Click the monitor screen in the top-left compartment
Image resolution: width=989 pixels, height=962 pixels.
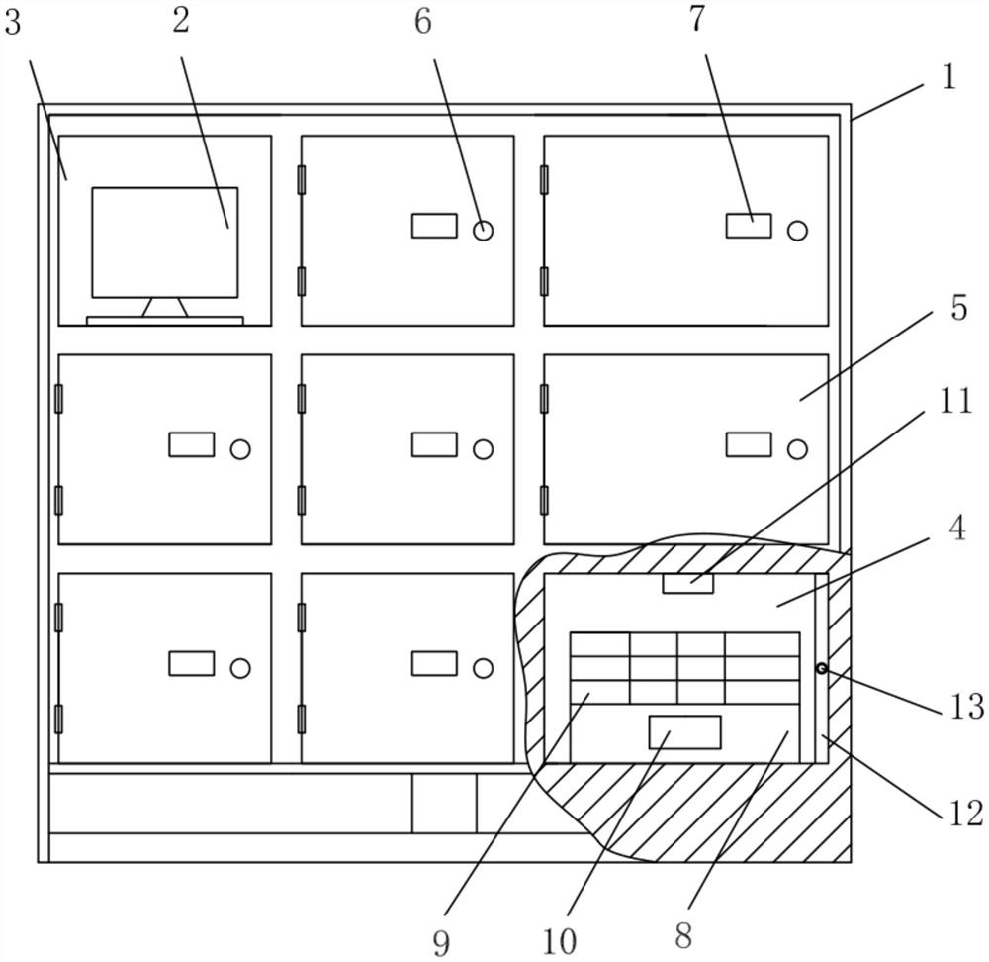click(x=165, y=241)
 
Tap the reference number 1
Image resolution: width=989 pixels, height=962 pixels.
click(x=948, y=77)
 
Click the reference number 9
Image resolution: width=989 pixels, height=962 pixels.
click(x=440, y=941)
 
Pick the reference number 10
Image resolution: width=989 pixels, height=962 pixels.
click(x=560, y=941)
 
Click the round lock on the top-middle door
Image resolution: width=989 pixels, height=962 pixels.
click(x=483, y=231)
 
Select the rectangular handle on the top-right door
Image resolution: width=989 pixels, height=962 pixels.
click(x=749, y=226)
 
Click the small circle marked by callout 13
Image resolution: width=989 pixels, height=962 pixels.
click(x=821, y=669)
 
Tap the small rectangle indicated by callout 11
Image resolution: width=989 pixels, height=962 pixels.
click(x=687, y=583)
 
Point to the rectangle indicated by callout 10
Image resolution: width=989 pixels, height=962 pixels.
click(x=684, y=731)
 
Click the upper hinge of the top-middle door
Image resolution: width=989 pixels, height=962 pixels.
click(x=302, y=179)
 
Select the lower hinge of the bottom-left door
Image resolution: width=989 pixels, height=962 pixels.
click(x=58, y=719)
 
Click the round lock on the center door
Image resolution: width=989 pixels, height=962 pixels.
click(x=483, y=449)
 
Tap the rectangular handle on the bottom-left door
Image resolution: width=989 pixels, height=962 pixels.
click(x=191, y=663)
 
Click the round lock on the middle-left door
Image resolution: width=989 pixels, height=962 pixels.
click(x=239, y=449)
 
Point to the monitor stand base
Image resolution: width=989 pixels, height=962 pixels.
click(x=165, y=320)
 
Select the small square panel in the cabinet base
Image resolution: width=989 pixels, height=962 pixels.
click(x=444, y=803)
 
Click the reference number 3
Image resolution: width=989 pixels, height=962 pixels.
click(x=12, y=22)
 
